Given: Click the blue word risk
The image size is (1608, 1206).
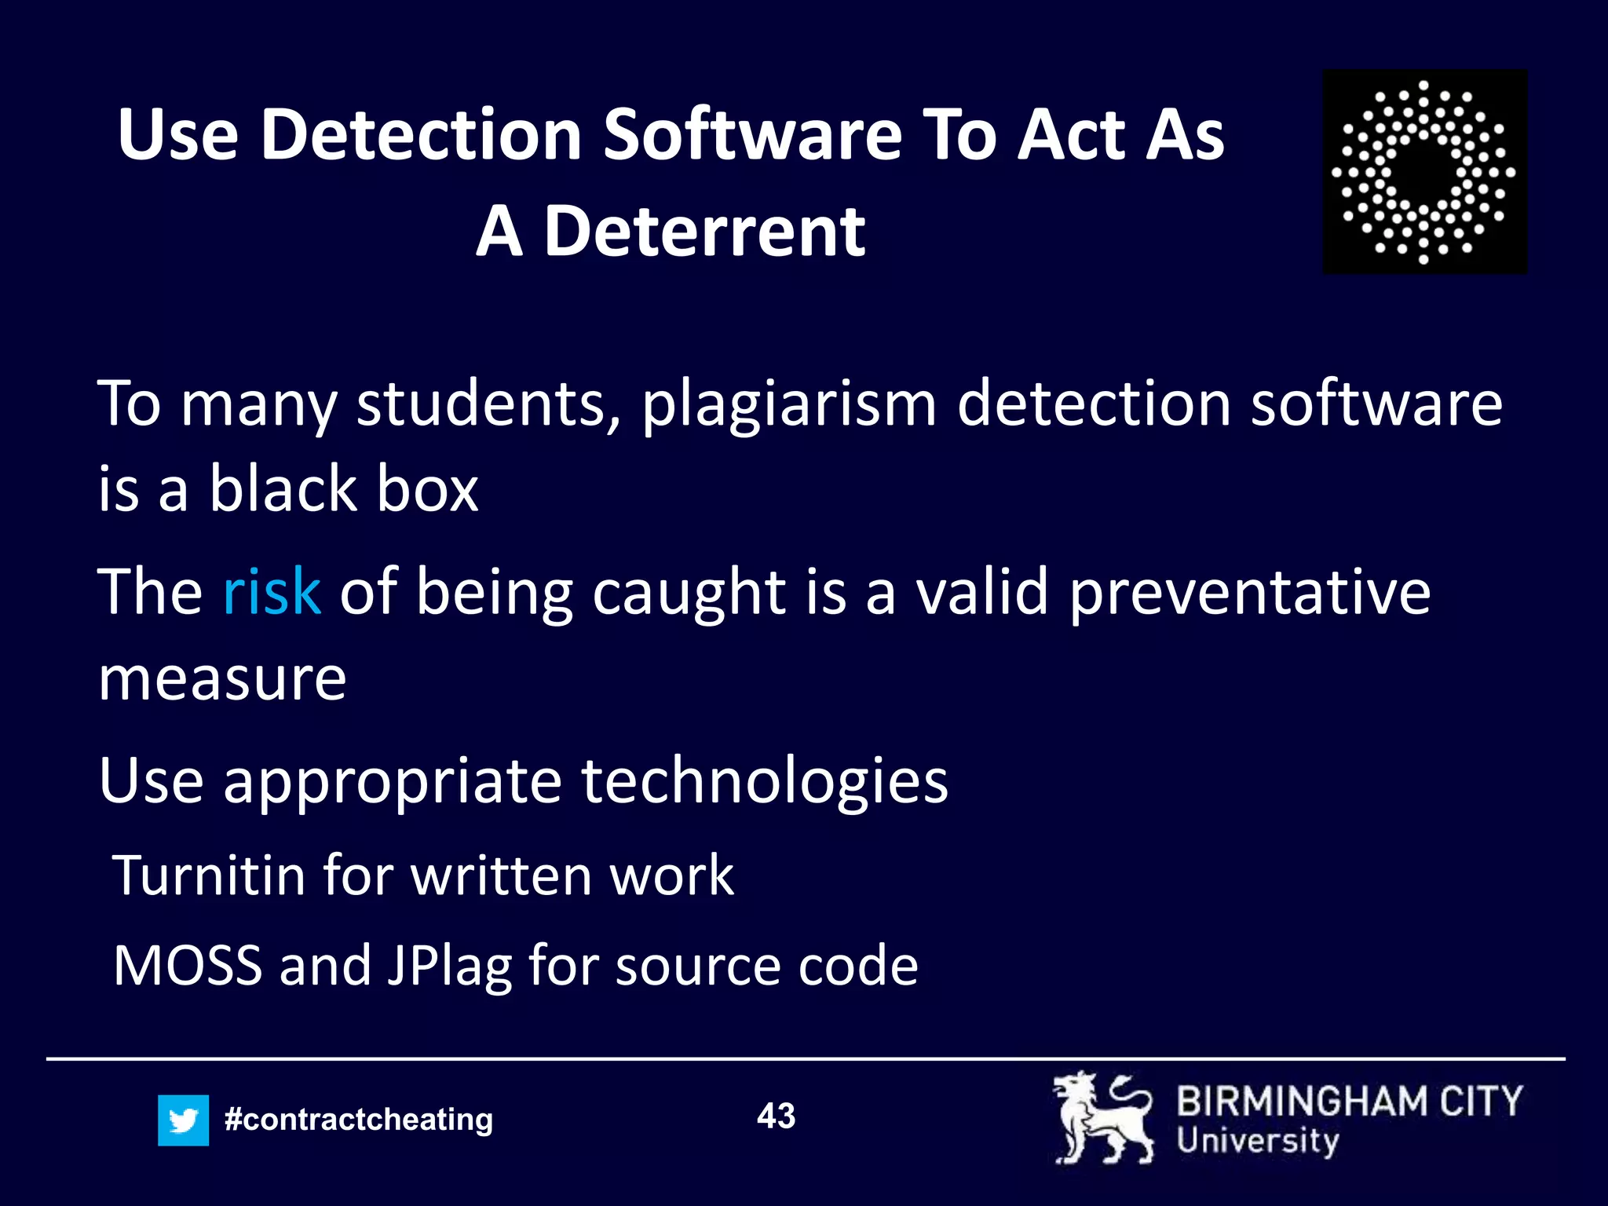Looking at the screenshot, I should (x=271, y=591).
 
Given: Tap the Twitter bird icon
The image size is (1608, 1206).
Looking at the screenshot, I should (x=183, y=1120).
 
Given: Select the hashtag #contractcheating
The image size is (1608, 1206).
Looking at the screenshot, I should (x=358, y=1120).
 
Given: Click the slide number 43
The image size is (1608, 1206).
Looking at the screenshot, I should (x=776, y=1116).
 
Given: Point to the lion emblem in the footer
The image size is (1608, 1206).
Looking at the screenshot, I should (x=1103, y=1118).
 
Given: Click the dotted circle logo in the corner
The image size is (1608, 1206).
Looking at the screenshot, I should (x=1424, y=171).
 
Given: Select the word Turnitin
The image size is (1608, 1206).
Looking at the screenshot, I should (x=209, y=875).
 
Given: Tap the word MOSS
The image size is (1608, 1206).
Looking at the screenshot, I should (x=188, y=965).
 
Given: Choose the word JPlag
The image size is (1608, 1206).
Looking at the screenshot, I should (x=449, y=967).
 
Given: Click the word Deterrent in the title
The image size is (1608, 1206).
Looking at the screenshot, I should (x=704, y=232).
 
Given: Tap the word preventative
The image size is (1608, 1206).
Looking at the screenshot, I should (x=1249, y=593).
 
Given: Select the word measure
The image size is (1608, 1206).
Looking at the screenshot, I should (x=222, y=678).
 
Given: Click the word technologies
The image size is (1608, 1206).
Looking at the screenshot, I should (x=764, y=783).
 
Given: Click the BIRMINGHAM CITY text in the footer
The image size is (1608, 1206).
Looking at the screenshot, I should (x=1349, y=1102).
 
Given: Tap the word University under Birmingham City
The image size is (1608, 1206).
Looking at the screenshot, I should (x=1258, y=1141).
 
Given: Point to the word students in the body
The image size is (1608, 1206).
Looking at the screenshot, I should (x=488, y=404).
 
